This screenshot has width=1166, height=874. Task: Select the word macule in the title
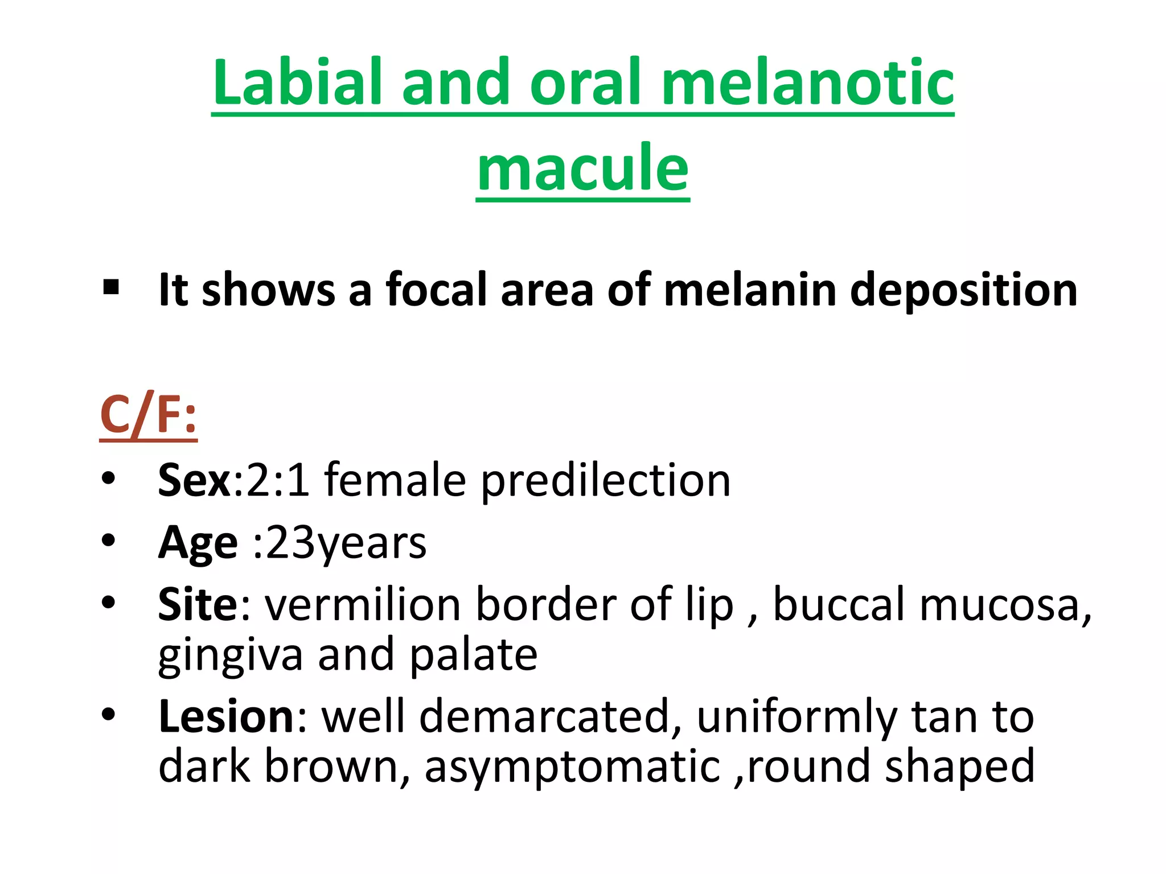(x=583, y=168)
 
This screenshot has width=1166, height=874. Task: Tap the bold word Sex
(x=194, y=480)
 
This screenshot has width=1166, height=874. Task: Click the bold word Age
(x=198, y=544)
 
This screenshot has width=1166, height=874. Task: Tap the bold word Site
(x=198, y=604)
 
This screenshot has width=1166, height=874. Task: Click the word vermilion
(x=363, y=604)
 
